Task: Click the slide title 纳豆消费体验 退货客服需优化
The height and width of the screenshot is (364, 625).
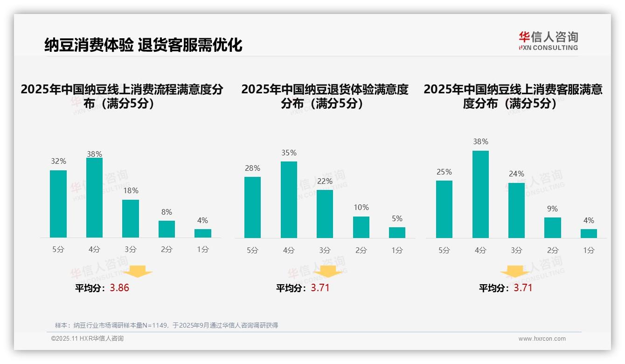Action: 143,45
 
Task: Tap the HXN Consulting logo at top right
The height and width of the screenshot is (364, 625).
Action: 548,41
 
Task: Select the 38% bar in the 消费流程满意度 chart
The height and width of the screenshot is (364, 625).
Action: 94,197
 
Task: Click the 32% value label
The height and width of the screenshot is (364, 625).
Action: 58,161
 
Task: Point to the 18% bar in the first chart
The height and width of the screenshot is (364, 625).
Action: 131,218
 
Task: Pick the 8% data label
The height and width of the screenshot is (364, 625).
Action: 167,212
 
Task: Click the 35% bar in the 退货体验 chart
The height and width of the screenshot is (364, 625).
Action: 289,199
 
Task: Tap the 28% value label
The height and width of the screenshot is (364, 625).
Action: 252,168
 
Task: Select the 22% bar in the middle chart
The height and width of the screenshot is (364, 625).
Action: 325,214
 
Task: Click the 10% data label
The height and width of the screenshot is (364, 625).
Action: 361,208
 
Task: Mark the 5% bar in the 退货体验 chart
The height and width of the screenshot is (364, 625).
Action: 397,232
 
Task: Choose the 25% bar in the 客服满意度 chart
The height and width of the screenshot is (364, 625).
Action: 444,209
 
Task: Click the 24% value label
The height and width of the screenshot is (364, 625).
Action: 516,174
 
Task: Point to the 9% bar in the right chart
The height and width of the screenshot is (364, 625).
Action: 552,228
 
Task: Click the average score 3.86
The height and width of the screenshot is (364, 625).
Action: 119,288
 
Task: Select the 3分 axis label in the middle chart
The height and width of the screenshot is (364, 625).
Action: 325,251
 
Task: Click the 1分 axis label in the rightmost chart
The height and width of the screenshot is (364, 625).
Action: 589,251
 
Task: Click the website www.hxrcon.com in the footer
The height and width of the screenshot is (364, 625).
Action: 542,339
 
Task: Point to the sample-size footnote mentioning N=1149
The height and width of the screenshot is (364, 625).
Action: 167,325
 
